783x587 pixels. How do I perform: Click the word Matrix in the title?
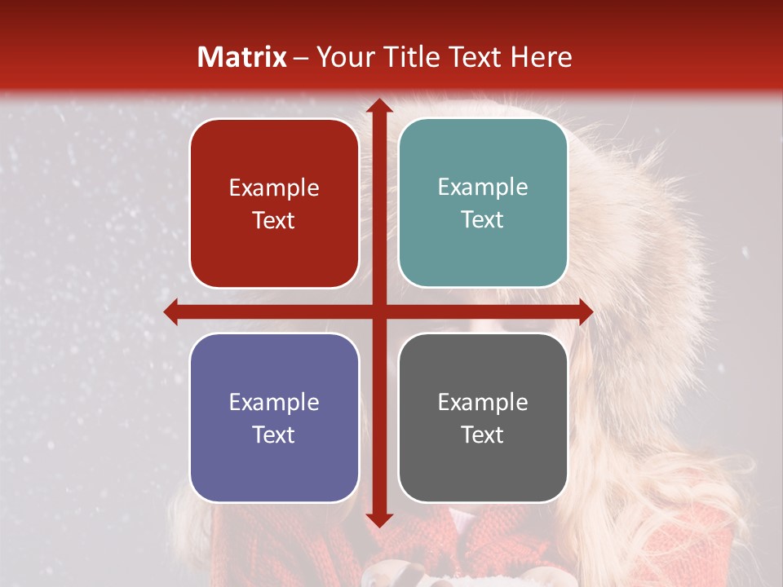[x=242, y=57]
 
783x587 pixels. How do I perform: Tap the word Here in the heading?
[x=541, y=57]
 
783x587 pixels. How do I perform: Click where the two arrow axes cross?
[x=378, y=311]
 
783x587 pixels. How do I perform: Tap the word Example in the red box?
[x=274, y=188]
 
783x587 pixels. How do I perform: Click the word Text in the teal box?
[x=483, y=220]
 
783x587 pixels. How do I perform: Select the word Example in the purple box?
[x=274, y=402]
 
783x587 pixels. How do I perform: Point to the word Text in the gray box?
[x=483, y=435]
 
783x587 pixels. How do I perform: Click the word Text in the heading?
[x=473, y=57]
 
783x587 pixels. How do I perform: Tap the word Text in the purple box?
[x=274, y=435]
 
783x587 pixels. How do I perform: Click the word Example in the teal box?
[x=483, y=188]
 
